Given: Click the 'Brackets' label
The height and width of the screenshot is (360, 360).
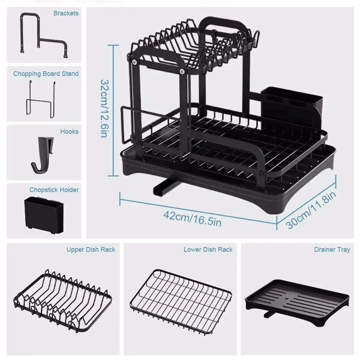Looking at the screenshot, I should (66, 13).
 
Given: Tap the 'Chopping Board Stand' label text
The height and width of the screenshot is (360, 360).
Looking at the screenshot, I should (46, 74).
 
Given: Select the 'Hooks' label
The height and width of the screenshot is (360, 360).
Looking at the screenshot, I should (69, 132).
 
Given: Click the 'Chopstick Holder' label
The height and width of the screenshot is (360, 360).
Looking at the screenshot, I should (54, 190).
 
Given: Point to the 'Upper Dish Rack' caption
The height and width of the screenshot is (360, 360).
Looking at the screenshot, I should (91, 249).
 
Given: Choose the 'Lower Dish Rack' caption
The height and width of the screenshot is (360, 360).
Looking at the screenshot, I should (208, 249).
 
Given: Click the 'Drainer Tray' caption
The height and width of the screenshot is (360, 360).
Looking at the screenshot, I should (332, 249).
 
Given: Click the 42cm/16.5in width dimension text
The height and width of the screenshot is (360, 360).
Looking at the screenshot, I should (192, 218).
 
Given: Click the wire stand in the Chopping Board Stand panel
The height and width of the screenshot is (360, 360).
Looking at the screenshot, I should (40, 99).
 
